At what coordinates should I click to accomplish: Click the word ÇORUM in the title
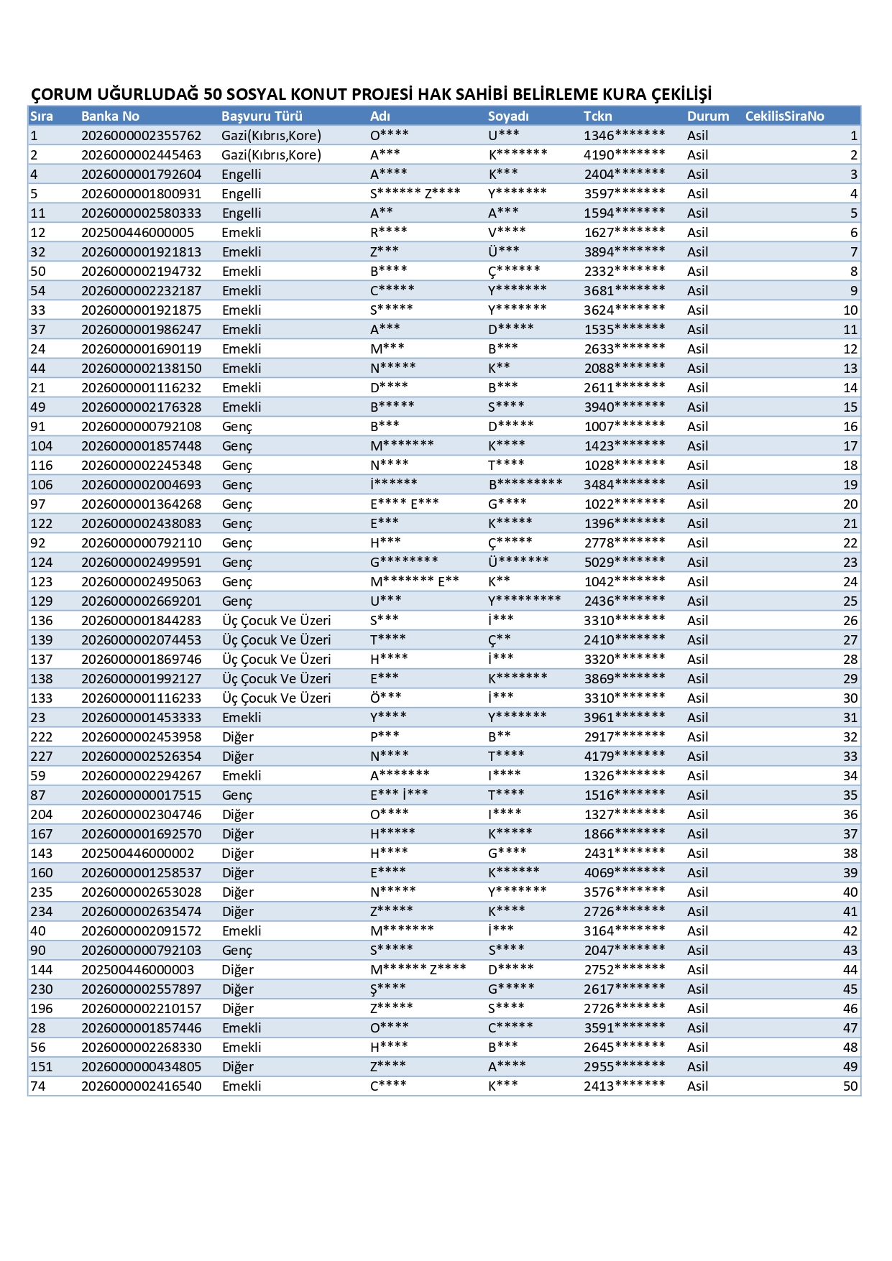(x=62, y=94)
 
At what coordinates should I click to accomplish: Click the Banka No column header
(x=110, y=116)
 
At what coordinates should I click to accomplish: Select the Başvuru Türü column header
(x=262, y=116)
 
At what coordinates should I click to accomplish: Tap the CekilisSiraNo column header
(x=784, y=116)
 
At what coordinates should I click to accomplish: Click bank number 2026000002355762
(x=141, y=136)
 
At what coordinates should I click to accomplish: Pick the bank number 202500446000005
(x=137, y=233)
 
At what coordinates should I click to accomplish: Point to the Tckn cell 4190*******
(x=624, y=155)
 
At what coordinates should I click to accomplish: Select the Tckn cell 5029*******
(x=624, y=563)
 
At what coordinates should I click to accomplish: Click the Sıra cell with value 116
(x=42, y=466)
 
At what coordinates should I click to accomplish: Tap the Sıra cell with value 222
(x=42, y=737)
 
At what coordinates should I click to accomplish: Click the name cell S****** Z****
(x=415, y=194)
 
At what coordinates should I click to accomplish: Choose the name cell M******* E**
(x=414, y=582)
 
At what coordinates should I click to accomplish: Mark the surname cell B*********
(x=525, y=485)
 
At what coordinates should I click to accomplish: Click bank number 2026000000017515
(x=141, y=795)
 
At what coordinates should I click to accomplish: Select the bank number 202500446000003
(x=137, y=970)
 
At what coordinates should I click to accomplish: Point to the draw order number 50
(x=850, y=1086)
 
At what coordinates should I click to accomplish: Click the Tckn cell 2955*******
(x=624, y=1067)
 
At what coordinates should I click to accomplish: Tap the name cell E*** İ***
(x=399, y=795)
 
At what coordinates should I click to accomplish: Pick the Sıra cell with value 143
(x=42, y=854)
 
